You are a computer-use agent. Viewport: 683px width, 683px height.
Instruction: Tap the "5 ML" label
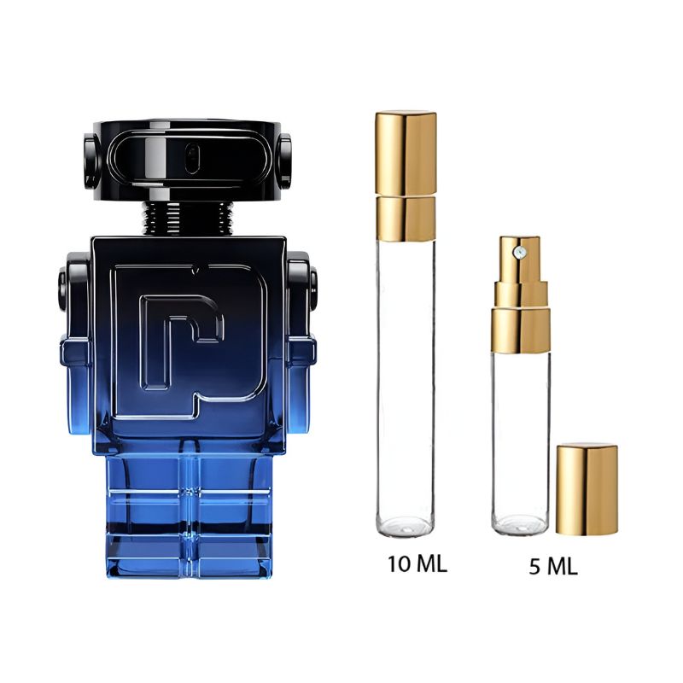pos(552,567)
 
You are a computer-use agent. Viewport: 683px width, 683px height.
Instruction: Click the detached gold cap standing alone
pos(587,489)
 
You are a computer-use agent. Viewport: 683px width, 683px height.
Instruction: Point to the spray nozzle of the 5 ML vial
pos(518,250)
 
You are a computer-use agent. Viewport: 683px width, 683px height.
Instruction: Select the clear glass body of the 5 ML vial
pos(520,435)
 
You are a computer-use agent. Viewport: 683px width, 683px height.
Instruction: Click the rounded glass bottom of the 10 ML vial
pos(406,522)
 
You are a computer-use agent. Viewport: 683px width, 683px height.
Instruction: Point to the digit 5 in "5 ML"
pos(535,567)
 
